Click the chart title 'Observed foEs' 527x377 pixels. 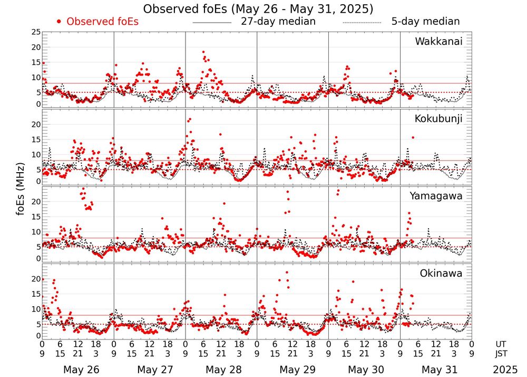click(x=258, y=9)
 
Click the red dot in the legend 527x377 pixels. click(x=59, y=22)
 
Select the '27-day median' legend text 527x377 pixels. click(x=278, y=22)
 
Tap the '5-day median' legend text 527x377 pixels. click(x=425, y=22)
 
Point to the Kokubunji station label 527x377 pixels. click(x=438, y=119)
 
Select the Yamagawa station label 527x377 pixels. click(x=436, y=196)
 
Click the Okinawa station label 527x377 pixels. click(x=441, y=274)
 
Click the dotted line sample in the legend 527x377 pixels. click(x=362, y=23)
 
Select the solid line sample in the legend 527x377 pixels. click(x=212, y=23)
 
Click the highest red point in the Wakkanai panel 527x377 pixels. click(x=203, y=52)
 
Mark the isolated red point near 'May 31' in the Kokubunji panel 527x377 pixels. click(x=413, y=137)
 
